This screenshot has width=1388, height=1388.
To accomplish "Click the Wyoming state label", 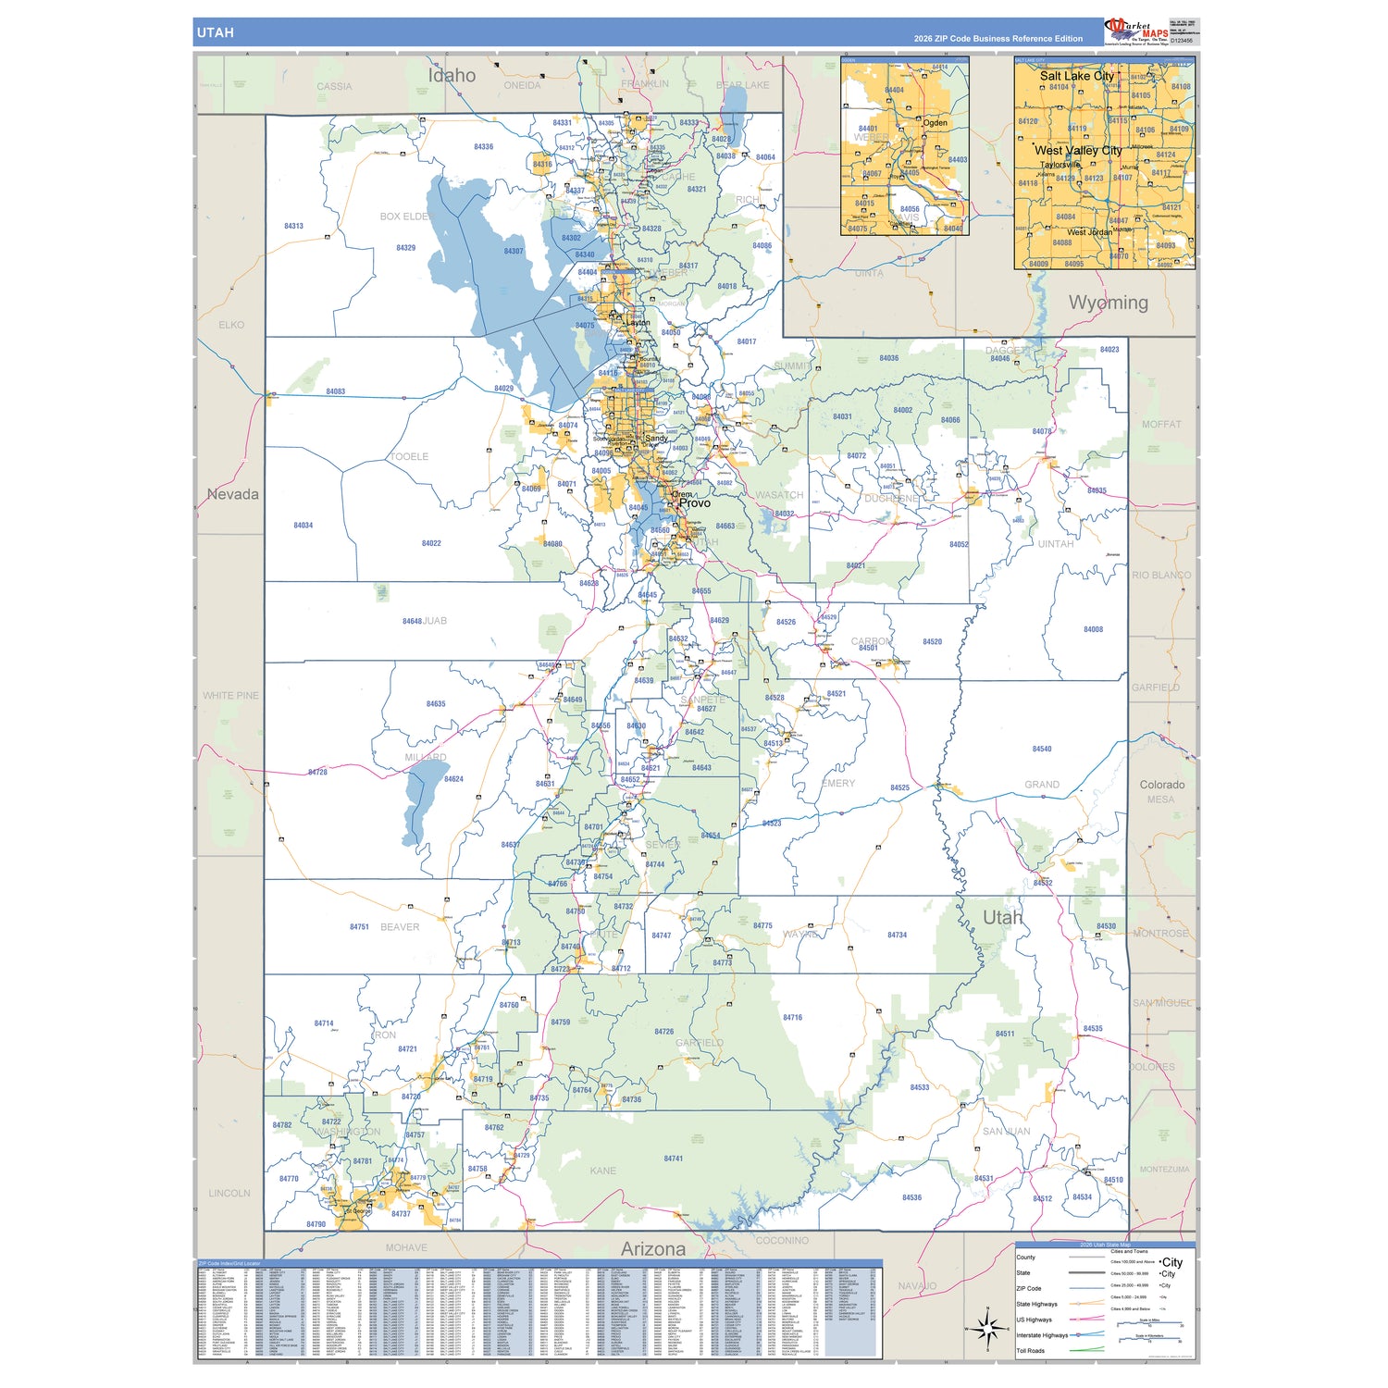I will coord(1108,303).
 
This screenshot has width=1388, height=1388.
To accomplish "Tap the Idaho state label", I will coord(452,76).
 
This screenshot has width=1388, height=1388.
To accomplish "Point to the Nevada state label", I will coord(232,494).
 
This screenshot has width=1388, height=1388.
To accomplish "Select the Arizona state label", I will coord(652,1248).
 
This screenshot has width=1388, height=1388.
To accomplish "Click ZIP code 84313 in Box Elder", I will coord(293,226).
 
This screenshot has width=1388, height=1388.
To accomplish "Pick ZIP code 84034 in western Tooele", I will coord(303,526).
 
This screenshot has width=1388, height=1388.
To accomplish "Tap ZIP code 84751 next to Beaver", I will coord(359,926).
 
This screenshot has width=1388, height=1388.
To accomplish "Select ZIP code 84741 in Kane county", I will coord(673,1159).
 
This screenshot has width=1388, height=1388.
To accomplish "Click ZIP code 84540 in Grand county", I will coord(1041,750).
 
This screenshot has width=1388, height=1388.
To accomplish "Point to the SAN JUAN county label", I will coord(1006,1131).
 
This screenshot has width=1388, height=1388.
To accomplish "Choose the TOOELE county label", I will coord(409,457).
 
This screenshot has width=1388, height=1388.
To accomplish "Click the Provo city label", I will coord(695,503).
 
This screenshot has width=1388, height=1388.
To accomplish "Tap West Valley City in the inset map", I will coord(1078,150).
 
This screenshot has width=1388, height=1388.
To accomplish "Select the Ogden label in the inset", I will coord(935,123).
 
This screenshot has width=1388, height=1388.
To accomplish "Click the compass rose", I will coord(986,1330).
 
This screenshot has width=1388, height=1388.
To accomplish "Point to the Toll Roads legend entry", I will coord(1030,1350).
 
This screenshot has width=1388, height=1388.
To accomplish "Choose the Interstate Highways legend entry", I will coord(1042,1334).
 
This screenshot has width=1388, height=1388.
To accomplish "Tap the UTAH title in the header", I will coord(215,32).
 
